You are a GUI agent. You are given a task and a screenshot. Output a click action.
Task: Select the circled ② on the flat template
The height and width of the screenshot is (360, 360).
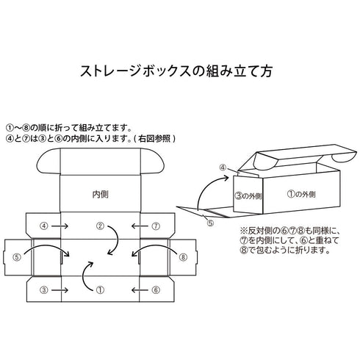pos(101,226)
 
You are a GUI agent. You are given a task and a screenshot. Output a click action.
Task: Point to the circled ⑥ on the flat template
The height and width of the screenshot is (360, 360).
pos(156,291)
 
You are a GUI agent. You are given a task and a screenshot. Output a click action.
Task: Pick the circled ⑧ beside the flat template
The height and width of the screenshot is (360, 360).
pos(184,258)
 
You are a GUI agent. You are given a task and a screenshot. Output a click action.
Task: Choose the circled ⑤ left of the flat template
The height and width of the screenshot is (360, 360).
pos(17,258)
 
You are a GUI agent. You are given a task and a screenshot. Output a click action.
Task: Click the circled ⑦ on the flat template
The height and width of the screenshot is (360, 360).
pos(156,226)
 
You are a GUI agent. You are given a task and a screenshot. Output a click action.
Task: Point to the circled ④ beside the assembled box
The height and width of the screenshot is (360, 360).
pos(223,168)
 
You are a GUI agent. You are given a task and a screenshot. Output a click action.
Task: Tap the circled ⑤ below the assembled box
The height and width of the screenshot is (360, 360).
pos(210,223)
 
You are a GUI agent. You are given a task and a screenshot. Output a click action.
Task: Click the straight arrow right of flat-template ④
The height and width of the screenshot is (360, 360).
pos(63,226)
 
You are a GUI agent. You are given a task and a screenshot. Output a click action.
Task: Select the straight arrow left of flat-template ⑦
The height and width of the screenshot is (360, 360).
pos(137,226)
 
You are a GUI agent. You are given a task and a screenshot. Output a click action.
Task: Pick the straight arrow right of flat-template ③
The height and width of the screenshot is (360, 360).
pos(63,291)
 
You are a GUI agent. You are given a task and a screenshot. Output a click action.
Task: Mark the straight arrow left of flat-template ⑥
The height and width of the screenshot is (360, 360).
pos(137,291)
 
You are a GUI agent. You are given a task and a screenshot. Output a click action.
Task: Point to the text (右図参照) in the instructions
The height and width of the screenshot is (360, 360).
pos(151,137)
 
